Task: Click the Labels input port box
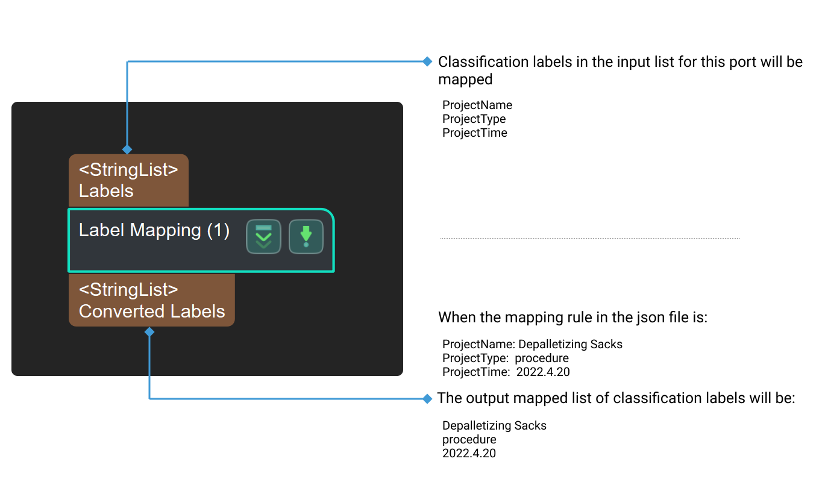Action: point(128,180)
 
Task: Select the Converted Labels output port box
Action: point(151,300)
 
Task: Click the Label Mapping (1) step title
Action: point(154,230)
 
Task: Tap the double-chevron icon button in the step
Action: point(263,237)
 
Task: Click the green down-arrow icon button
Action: point(306,237)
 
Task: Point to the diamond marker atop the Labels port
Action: point(127,149)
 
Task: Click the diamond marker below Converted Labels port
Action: point(149,332)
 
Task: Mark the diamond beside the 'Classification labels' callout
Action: point(427,61)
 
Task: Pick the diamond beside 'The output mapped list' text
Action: point(427,398)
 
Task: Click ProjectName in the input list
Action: point(477,105)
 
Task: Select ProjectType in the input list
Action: point(474,119)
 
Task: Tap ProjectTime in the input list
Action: point(474,133)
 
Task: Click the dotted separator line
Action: point(589,239)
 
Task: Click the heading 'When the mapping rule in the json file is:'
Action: point(572,318)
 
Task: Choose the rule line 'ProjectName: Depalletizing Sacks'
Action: point(532,345)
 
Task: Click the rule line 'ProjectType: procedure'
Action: point(505,358)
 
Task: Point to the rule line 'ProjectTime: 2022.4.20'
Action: point(506,372)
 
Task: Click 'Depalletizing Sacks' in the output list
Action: point(494,426)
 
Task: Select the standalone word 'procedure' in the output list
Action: point(469,439)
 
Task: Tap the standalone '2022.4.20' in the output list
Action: point(469,453)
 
